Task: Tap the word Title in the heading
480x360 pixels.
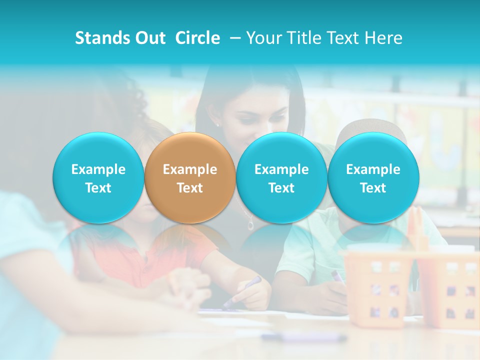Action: click(x=301, y=38)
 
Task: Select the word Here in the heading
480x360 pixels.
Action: click(x=384, y=38)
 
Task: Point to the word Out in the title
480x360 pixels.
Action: click(x=149, y=38)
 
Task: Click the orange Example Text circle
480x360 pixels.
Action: click(x=190, y=178)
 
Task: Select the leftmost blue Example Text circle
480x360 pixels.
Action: click(x=98, y=178)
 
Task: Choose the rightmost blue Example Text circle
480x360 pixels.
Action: click(x=373, y=178)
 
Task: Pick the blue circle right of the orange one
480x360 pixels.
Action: click(x=281, y=178)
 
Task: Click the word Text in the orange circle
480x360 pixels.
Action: click(x=190, y=188)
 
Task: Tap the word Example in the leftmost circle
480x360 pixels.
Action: click(x=98, y=169)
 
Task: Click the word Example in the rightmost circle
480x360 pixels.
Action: click(x=373, y=169)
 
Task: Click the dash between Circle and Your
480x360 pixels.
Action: click(x=233, y=38)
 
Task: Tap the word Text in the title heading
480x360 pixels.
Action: click(x=344, y=38)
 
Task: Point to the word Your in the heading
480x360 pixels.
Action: click(x=264, y=38)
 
